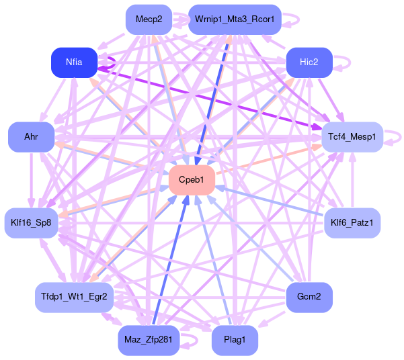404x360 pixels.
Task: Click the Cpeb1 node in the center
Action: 192,179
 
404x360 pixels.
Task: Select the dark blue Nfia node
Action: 74,62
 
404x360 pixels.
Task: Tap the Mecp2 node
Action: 149,19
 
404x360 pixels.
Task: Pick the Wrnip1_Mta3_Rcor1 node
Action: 235,19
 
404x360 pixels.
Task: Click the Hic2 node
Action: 309,62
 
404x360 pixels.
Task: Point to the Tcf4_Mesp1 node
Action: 352,137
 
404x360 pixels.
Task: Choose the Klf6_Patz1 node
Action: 352,222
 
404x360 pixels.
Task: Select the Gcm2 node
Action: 309,296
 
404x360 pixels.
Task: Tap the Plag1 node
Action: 235,340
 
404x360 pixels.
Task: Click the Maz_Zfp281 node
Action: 149,340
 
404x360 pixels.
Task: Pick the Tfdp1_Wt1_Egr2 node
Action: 74,296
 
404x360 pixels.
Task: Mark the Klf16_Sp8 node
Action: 31,222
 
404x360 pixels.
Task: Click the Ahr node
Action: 31,137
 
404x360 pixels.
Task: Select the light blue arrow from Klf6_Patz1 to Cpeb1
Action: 276,202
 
